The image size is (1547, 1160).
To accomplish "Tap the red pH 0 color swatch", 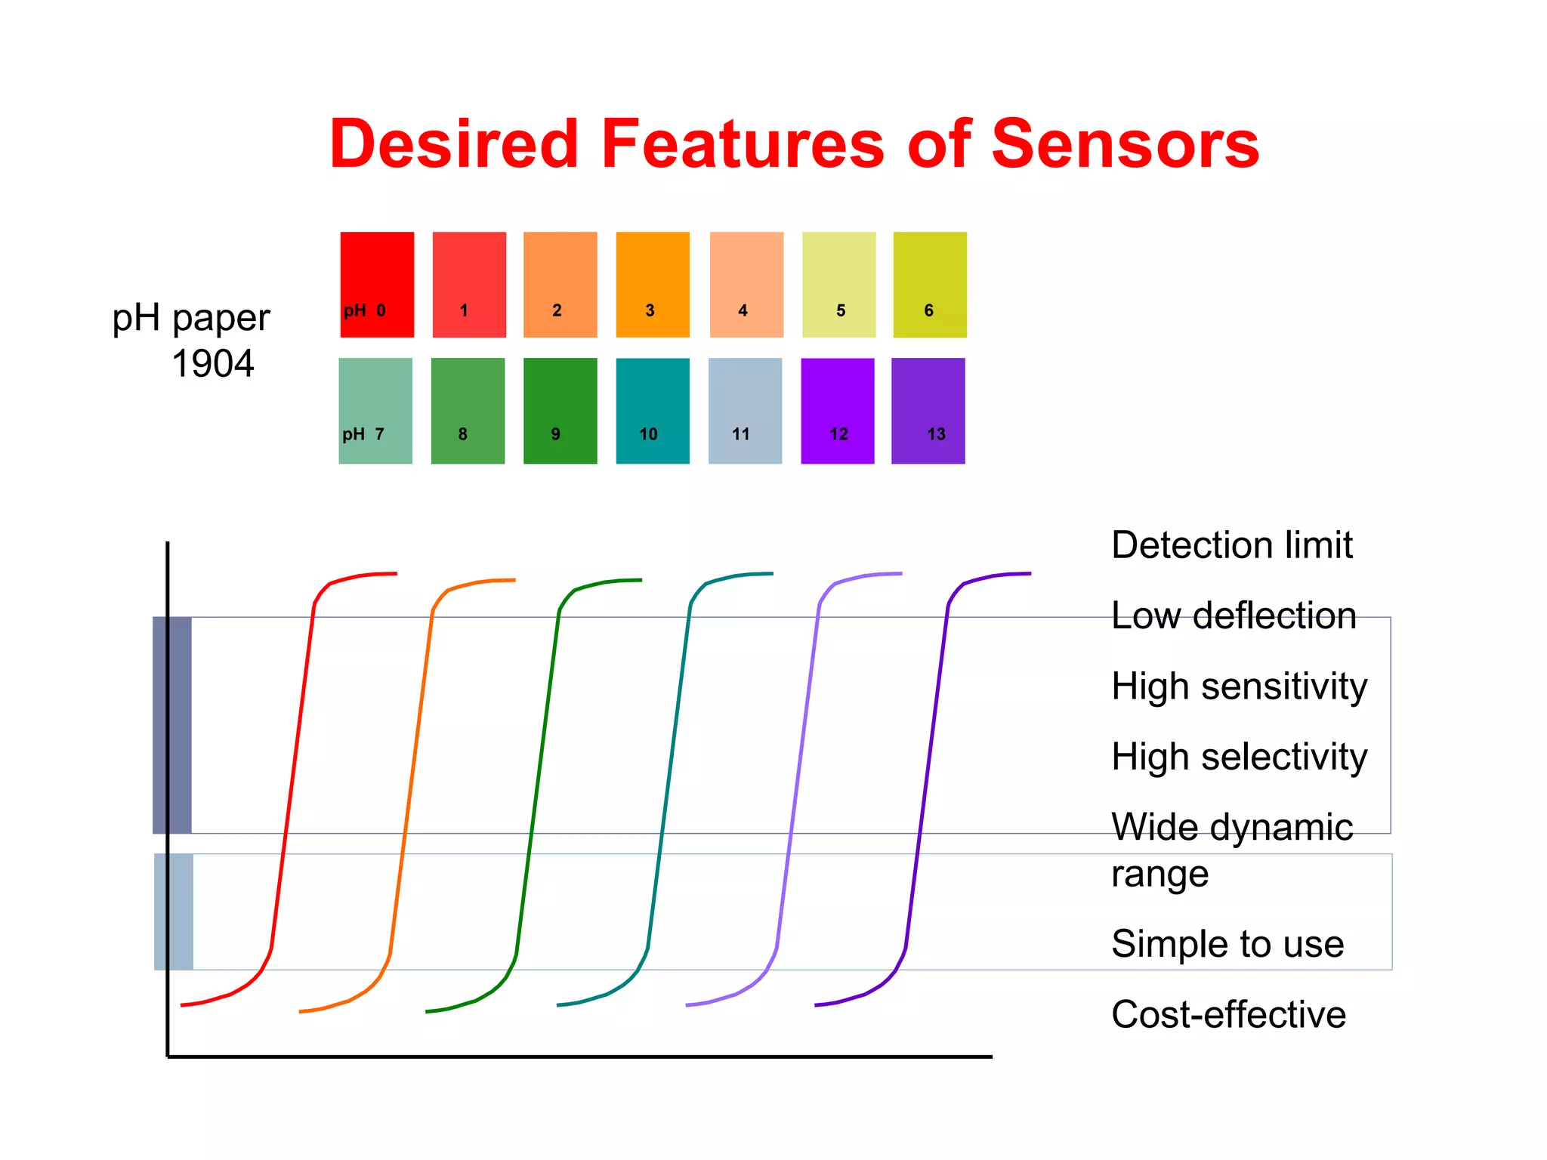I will [x=377, y=284].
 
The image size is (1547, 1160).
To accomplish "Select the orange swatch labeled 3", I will [x=653, y=284].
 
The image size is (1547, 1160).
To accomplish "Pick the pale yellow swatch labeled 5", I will [x=838, y=284].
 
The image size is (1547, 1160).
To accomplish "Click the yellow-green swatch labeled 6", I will [x=930, y=284].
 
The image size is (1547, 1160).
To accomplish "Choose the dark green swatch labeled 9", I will [x=560, y=410].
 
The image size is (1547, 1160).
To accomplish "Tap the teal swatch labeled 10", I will [x=653, y=410].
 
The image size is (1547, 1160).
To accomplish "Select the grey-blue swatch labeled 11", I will [x=745, y=410].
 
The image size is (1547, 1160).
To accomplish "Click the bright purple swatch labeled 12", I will [x=837, y=410].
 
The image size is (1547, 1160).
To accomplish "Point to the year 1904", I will [x=213, y=364].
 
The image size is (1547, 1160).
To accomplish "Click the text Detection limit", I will [x=1231, y=545].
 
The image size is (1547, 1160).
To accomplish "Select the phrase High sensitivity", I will [x=1239, y=686].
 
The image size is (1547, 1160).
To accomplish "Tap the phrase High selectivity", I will [x=1239, y=757].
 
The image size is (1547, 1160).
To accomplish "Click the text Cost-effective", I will [x=1228, y=1014].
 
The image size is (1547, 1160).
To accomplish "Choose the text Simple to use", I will [x=1227, y=944].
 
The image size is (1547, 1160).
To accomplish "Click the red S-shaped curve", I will [x=292, y=778].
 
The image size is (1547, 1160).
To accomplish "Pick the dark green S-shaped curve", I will [x=538, y=778].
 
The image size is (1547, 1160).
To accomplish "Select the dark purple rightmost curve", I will [x=927, y=778].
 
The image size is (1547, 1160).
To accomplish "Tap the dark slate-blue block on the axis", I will [x=172, y=725].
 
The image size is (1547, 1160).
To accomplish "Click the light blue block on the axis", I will [x=174, y=912].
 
